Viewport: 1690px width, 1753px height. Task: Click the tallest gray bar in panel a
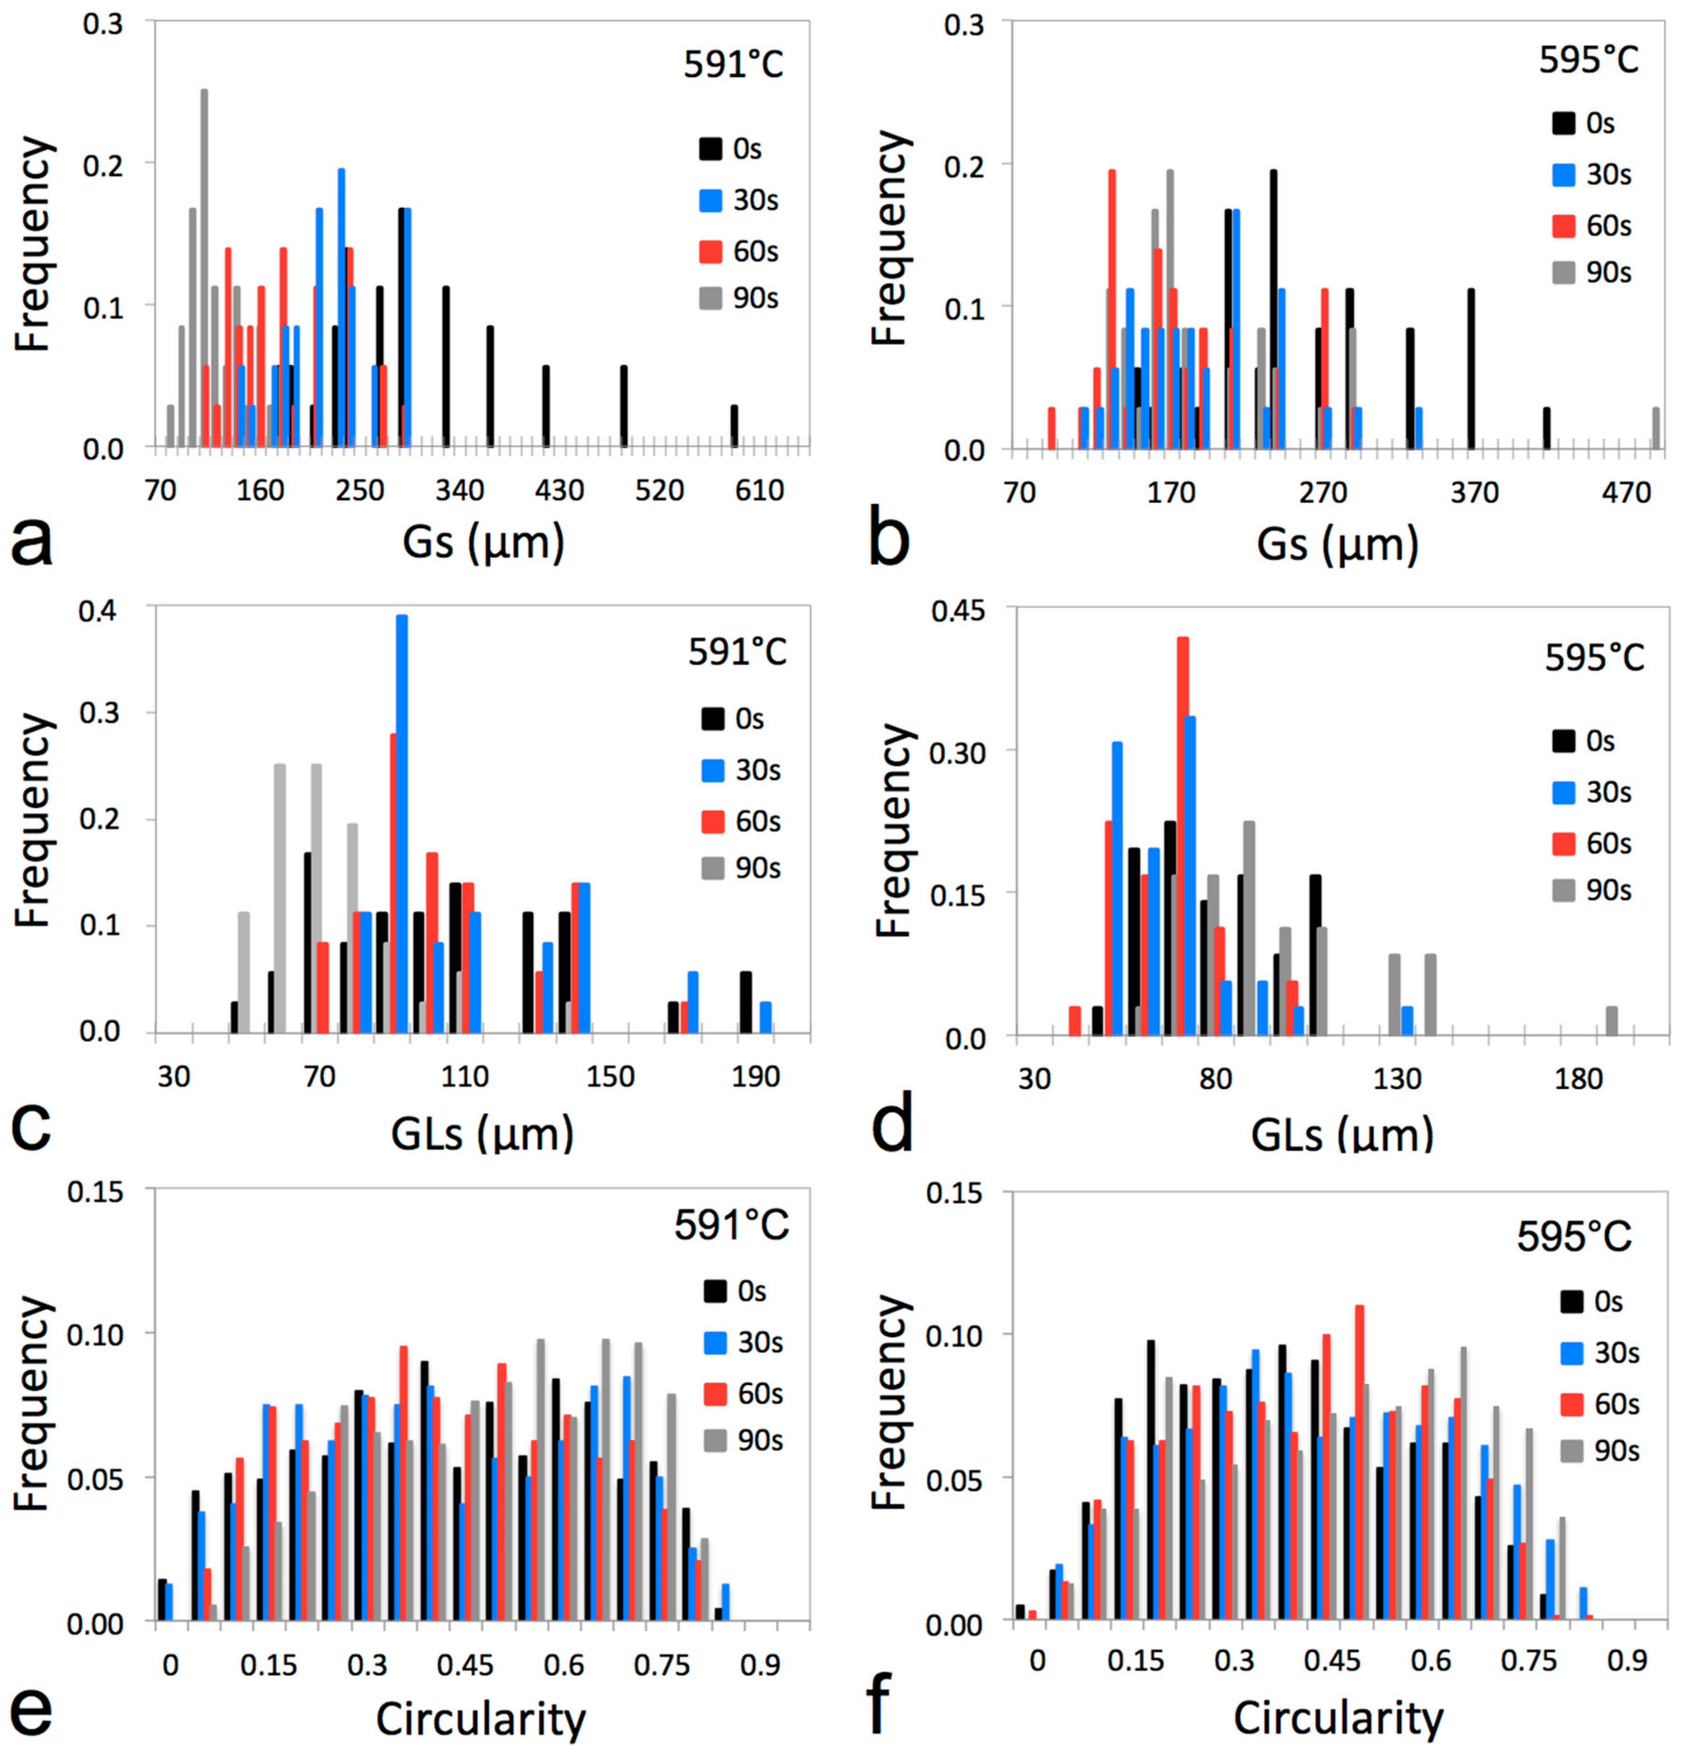coord(204,269)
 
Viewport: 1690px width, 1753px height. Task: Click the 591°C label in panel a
coord(734,64)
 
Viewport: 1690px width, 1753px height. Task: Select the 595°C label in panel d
coord(1594,658)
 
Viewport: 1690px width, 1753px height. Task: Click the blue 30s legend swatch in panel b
coord(1563,175)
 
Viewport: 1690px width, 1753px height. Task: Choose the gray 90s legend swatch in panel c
coord(712,868)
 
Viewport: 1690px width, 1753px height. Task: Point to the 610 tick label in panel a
coord(759,490)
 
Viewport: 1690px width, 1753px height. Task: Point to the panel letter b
coord(889,539)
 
